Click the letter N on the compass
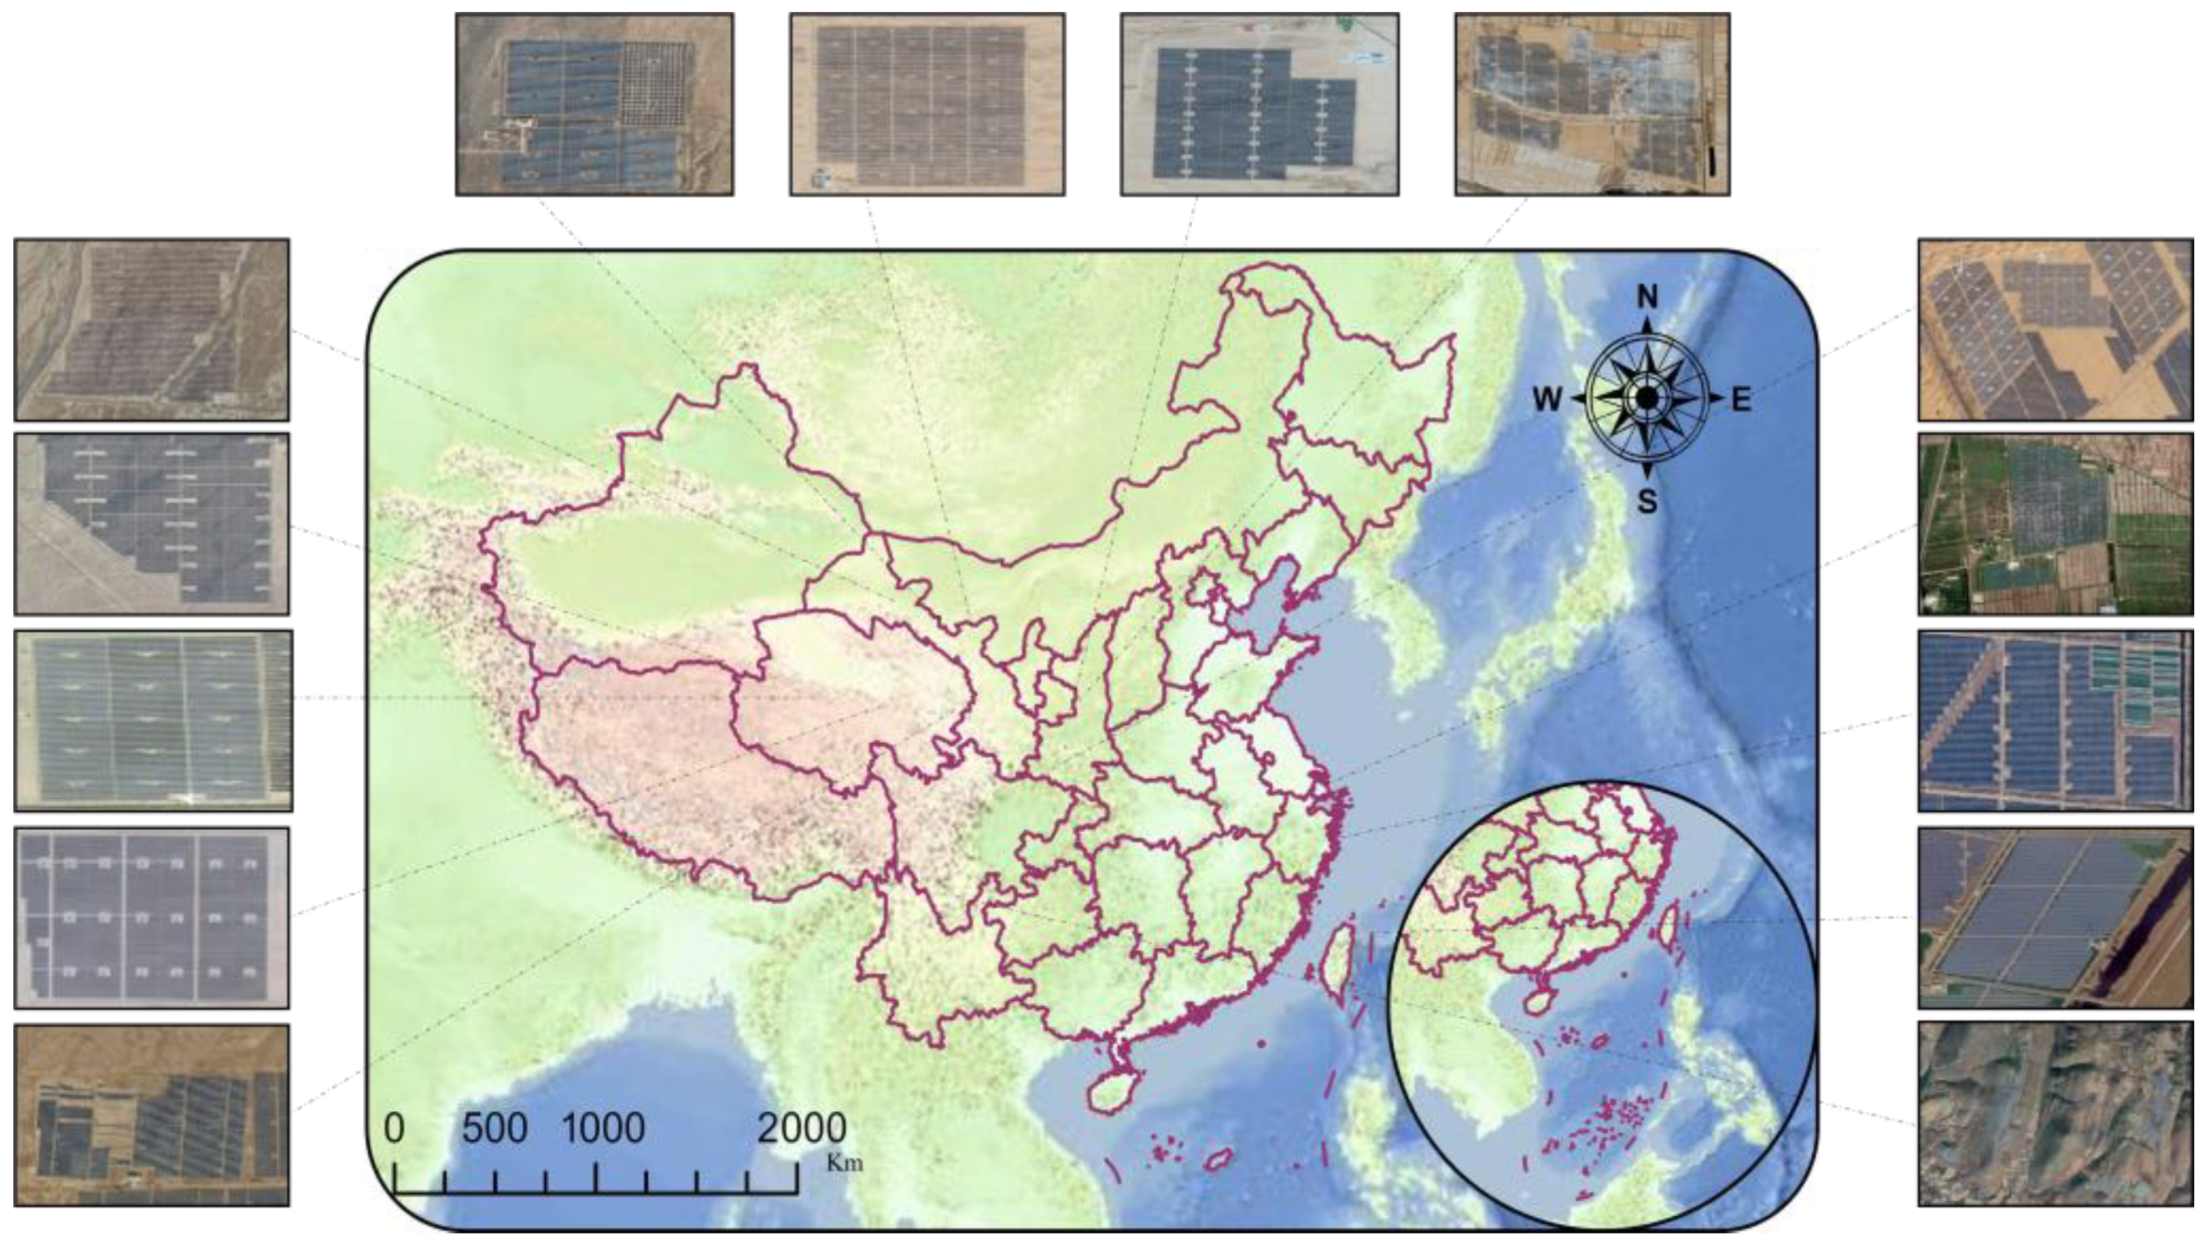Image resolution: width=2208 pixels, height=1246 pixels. pyautogui.click(x=1647, y=297)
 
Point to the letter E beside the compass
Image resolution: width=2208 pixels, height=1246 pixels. pyautogui.click(x=1741, y=399)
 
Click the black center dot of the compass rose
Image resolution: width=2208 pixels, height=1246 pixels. pyautogui.click(x=1647, y=398)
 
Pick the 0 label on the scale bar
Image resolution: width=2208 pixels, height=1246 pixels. pyautogui.click(x=393, y=1128)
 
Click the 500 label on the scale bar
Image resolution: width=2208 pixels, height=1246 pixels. pyautogui.click(x=495, y=1128)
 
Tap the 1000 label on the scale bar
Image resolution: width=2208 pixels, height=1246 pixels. pyautogui.click(x=603, y=1128)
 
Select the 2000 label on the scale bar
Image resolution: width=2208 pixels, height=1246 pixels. pyautogui.click(x=802, y=1128)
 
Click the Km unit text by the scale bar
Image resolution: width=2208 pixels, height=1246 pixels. pyautogui.click(x=844, y=1164)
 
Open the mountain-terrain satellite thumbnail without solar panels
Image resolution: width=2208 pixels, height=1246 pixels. pyautogui.click(x=2055, y=1113)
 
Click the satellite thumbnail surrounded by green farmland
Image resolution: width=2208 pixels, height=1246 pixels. pyautogui.click(x=2055, y=524)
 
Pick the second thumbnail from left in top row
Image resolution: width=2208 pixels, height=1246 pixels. pyautogui.click(x=927, y=104)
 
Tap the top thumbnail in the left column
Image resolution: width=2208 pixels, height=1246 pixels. pyautogui.click(x=152, y=329)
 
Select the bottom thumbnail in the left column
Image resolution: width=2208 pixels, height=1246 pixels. pyautogui.click(x=152, y=1115)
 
